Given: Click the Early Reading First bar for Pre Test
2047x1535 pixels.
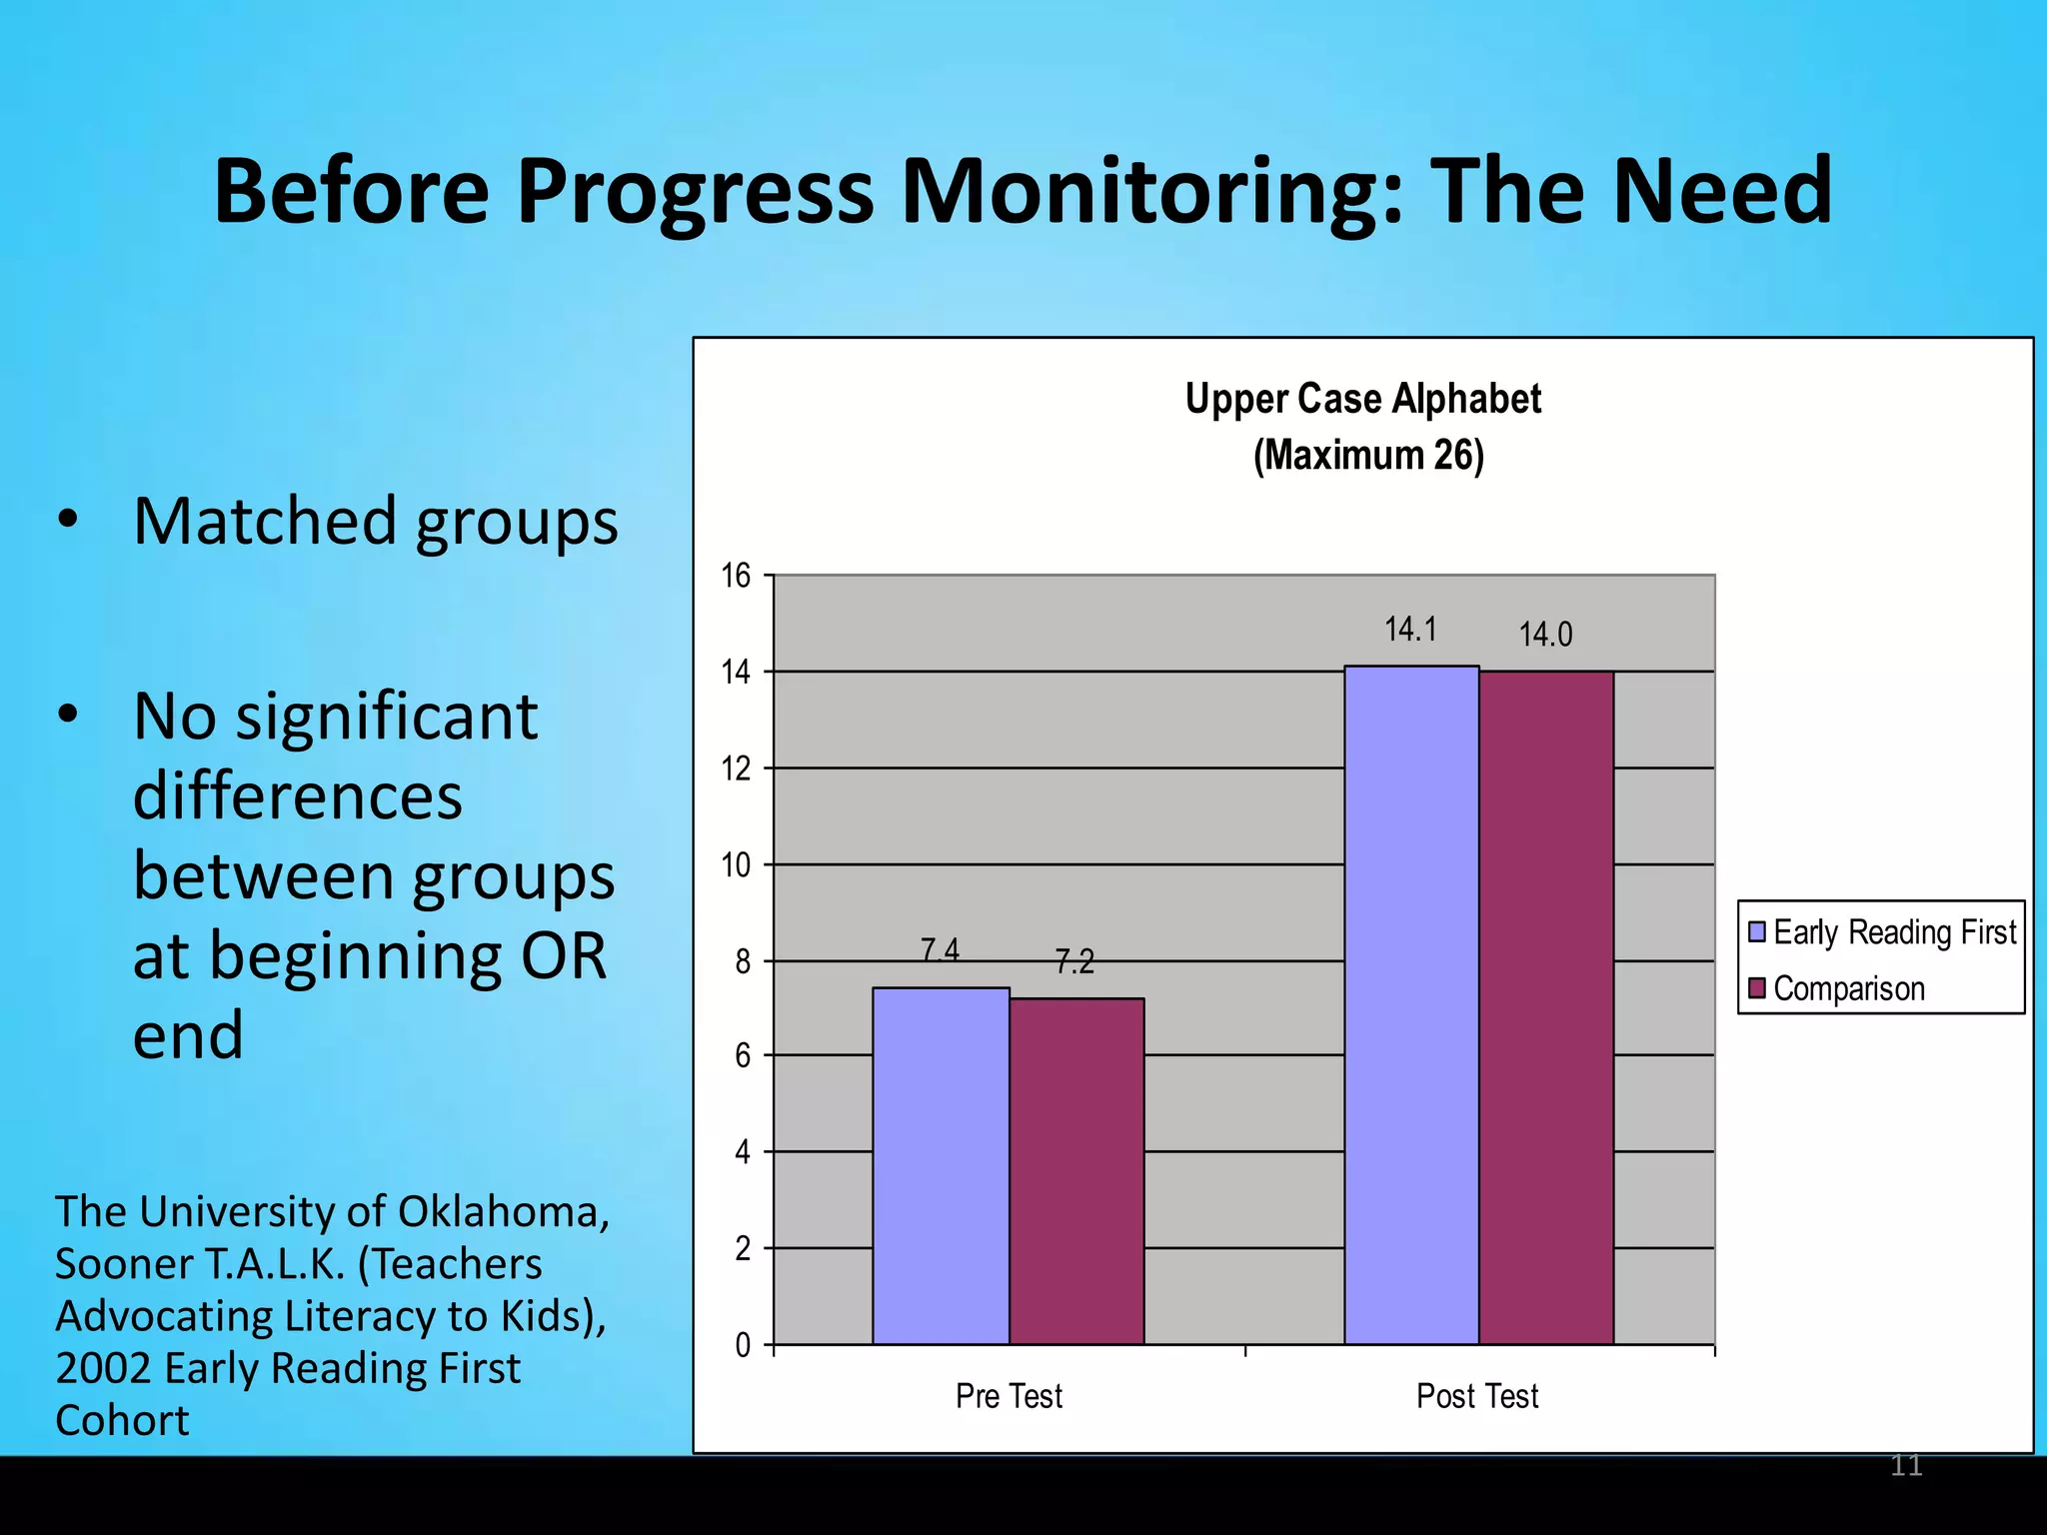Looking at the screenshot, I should [x=941, y=1165].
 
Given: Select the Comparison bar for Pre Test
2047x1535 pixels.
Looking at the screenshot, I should [x=1076, y=1170].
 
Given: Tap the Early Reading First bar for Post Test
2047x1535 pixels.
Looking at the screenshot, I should [x=1411, y=1004].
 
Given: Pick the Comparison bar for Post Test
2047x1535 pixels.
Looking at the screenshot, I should [x=1546, y=1007].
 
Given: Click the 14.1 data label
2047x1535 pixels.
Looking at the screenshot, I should [x=1410, y=630].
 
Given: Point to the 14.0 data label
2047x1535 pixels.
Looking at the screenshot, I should [x=1545, y=635].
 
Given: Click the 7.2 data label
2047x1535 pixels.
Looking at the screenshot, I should [x=1074, y=962].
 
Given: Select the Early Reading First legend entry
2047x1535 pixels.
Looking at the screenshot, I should [x=1883, y=932].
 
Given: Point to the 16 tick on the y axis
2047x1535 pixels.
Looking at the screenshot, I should [x=736, y=576].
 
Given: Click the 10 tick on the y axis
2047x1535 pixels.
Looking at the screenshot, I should [x=736, y=864].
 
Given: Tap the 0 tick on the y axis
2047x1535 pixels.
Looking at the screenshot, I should [x=743, y=1345].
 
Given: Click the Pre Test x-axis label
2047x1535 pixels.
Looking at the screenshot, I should [x=1009, y=1396].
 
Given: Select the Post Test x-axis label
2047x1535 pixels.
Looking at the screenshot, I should [x=1477, y=1396].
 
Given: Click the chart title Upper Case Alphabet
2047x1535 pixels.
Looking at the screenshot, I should [x=1363, y=400].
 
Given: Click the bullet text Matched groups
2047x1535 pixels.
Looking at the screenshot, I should [x=376, y=522].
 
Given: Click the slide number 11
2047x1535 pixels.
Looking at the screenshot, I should [x=1906, y=1466].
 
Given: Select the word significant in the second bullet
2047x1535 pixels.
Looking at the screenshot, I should [x=387, y=717].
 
